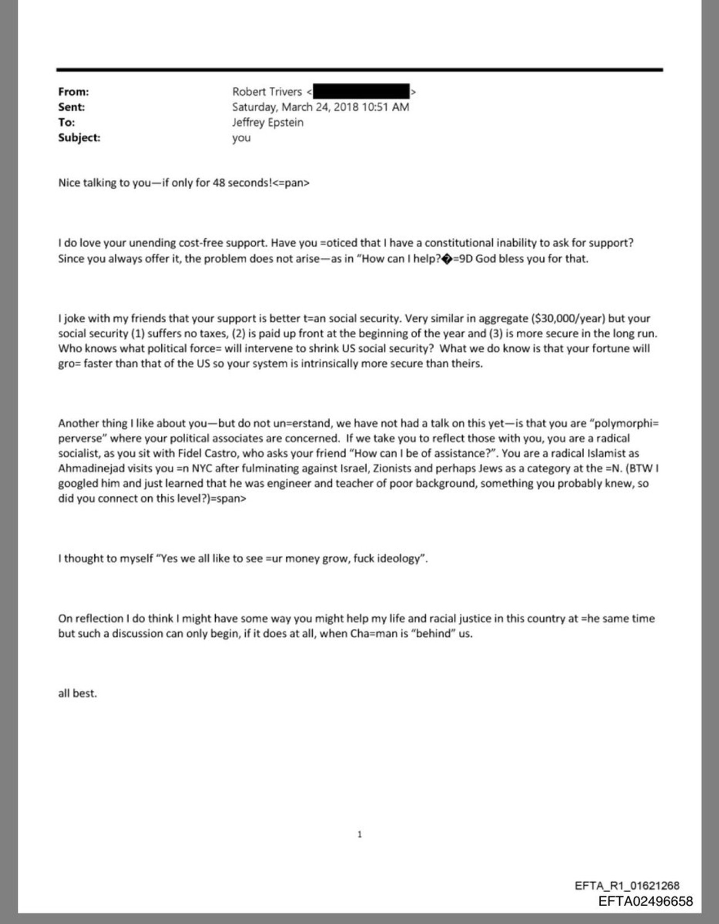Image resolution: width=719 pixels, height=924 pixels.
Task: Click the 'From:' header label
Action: [x=73, y=92]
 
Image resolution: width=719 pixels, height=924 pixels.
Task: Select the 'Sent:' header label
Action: [x=71, y=107]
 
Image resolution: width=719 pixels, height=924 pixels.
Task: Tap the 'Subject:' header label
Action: [x=79, y=138]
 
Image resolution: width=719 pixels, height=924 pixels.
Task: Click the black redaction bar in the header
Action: [x=361, y=91]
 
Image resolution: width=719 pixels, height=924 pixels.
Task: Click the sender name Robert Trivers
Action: [x=267, y=92]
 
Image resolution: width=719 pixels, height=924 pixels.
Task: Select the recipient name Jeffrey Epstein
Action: [x=267, y=122]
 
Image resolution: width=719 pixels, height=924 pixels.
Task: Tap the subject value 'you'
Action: [x=241, y=138]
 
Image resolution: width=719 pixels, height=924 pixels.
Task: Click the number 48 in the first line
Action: [x=218, y=183]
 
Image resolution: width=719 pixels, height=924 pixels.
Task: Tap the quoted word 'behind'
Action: [x=433, y=634]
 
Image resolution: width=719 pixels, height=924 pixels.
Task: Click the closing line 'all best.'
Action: [x=77, y=693]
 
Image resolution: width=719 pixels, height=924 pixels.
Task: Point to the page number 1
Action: [x=359, y=835]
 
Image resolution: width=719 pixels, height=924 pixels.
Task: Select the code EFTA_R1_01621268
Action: [x=627, y=885]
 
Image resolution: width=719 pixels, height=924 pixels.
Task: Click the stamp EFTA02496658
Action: [x=645, y=901]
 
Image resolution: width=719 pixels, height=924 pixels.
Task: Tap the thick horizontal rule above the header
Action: [x=359, y=70]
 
